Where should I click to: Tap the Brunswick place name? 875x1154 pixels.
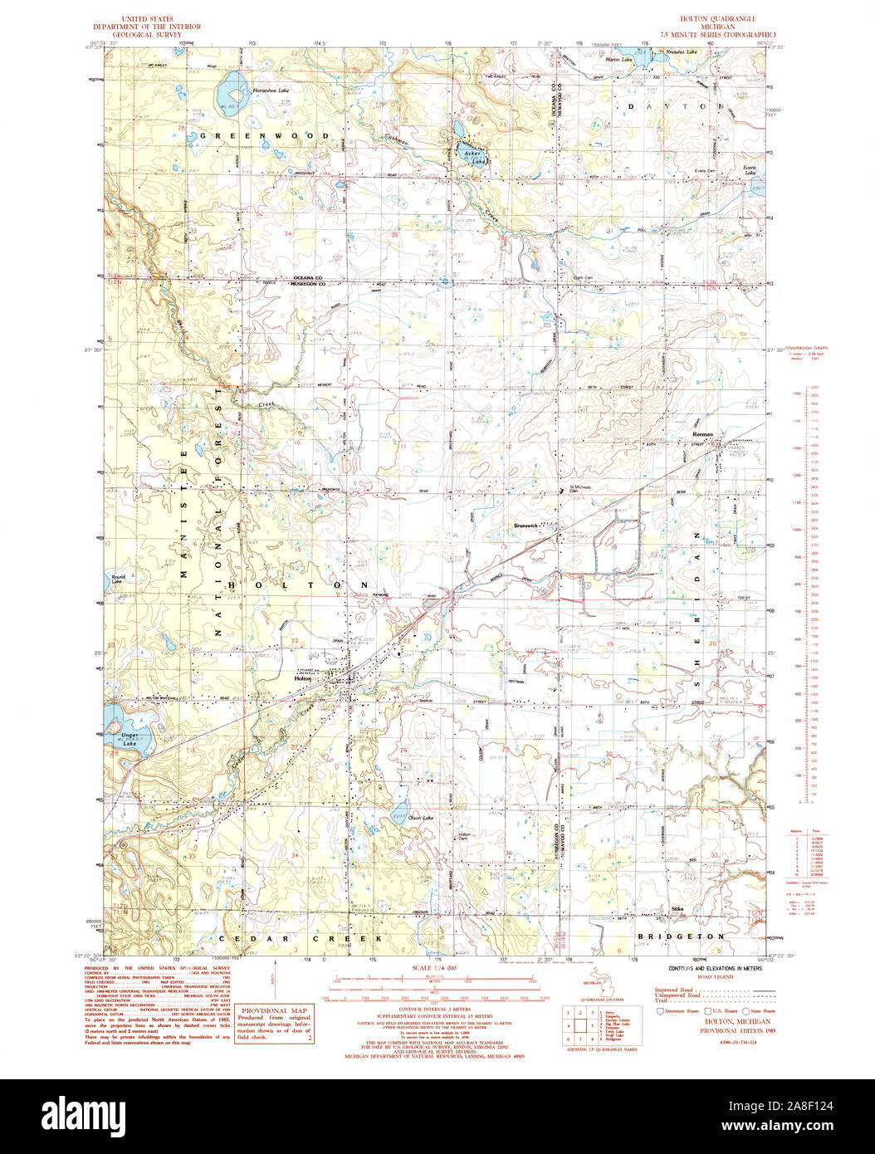(x=526, y=526)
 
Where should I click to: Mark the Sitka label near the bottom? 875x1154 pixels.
(x=677, y=910)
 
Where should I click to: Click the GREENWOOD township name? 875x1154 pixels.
(x=264, y=135)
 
